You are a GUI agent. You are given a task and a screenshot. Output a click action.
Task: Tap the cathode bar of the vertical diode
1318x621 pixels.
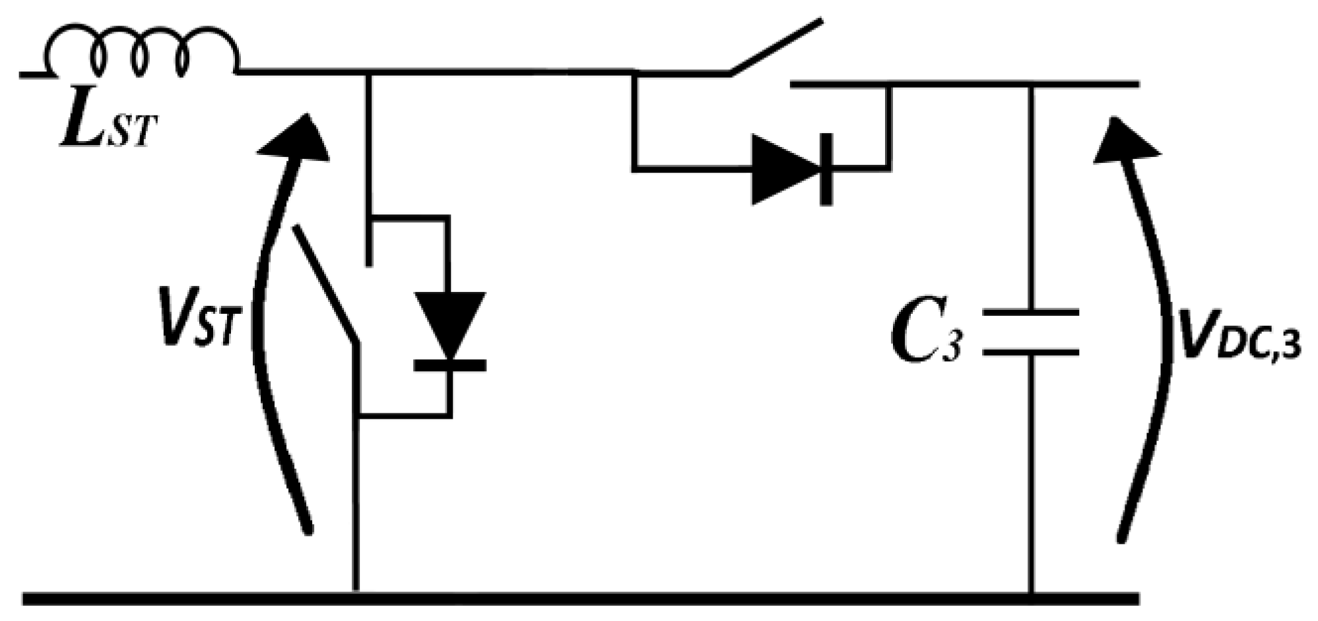pyautogui.click(x=450, y=365)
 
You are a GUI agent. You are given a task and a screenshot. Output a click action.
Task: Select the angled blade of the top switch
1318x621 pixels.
pyautogui.click(x=776, y=46)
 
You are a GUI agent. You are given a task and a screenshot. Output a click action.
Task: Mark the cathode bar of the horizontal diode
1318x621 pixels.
pyautogui.click(x=825, y=170)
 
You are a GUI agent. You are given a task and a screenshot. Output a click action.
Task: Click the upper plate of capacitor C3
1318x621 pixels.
pyautogui.click(x=1031, y=314)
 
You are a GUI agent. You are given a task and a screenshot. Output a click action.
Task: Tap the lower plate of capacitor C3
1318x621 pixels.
pyautogui.click(x=1031, y=352)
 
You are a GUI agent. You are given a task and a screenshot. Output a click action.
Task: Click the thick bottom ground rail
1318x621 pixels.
pyautogui.click(x=581, y=599)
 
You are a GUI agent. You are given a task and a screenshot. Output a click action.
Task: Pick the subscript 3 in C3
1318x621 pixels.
pyautogui.click(x=950, y=346)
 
